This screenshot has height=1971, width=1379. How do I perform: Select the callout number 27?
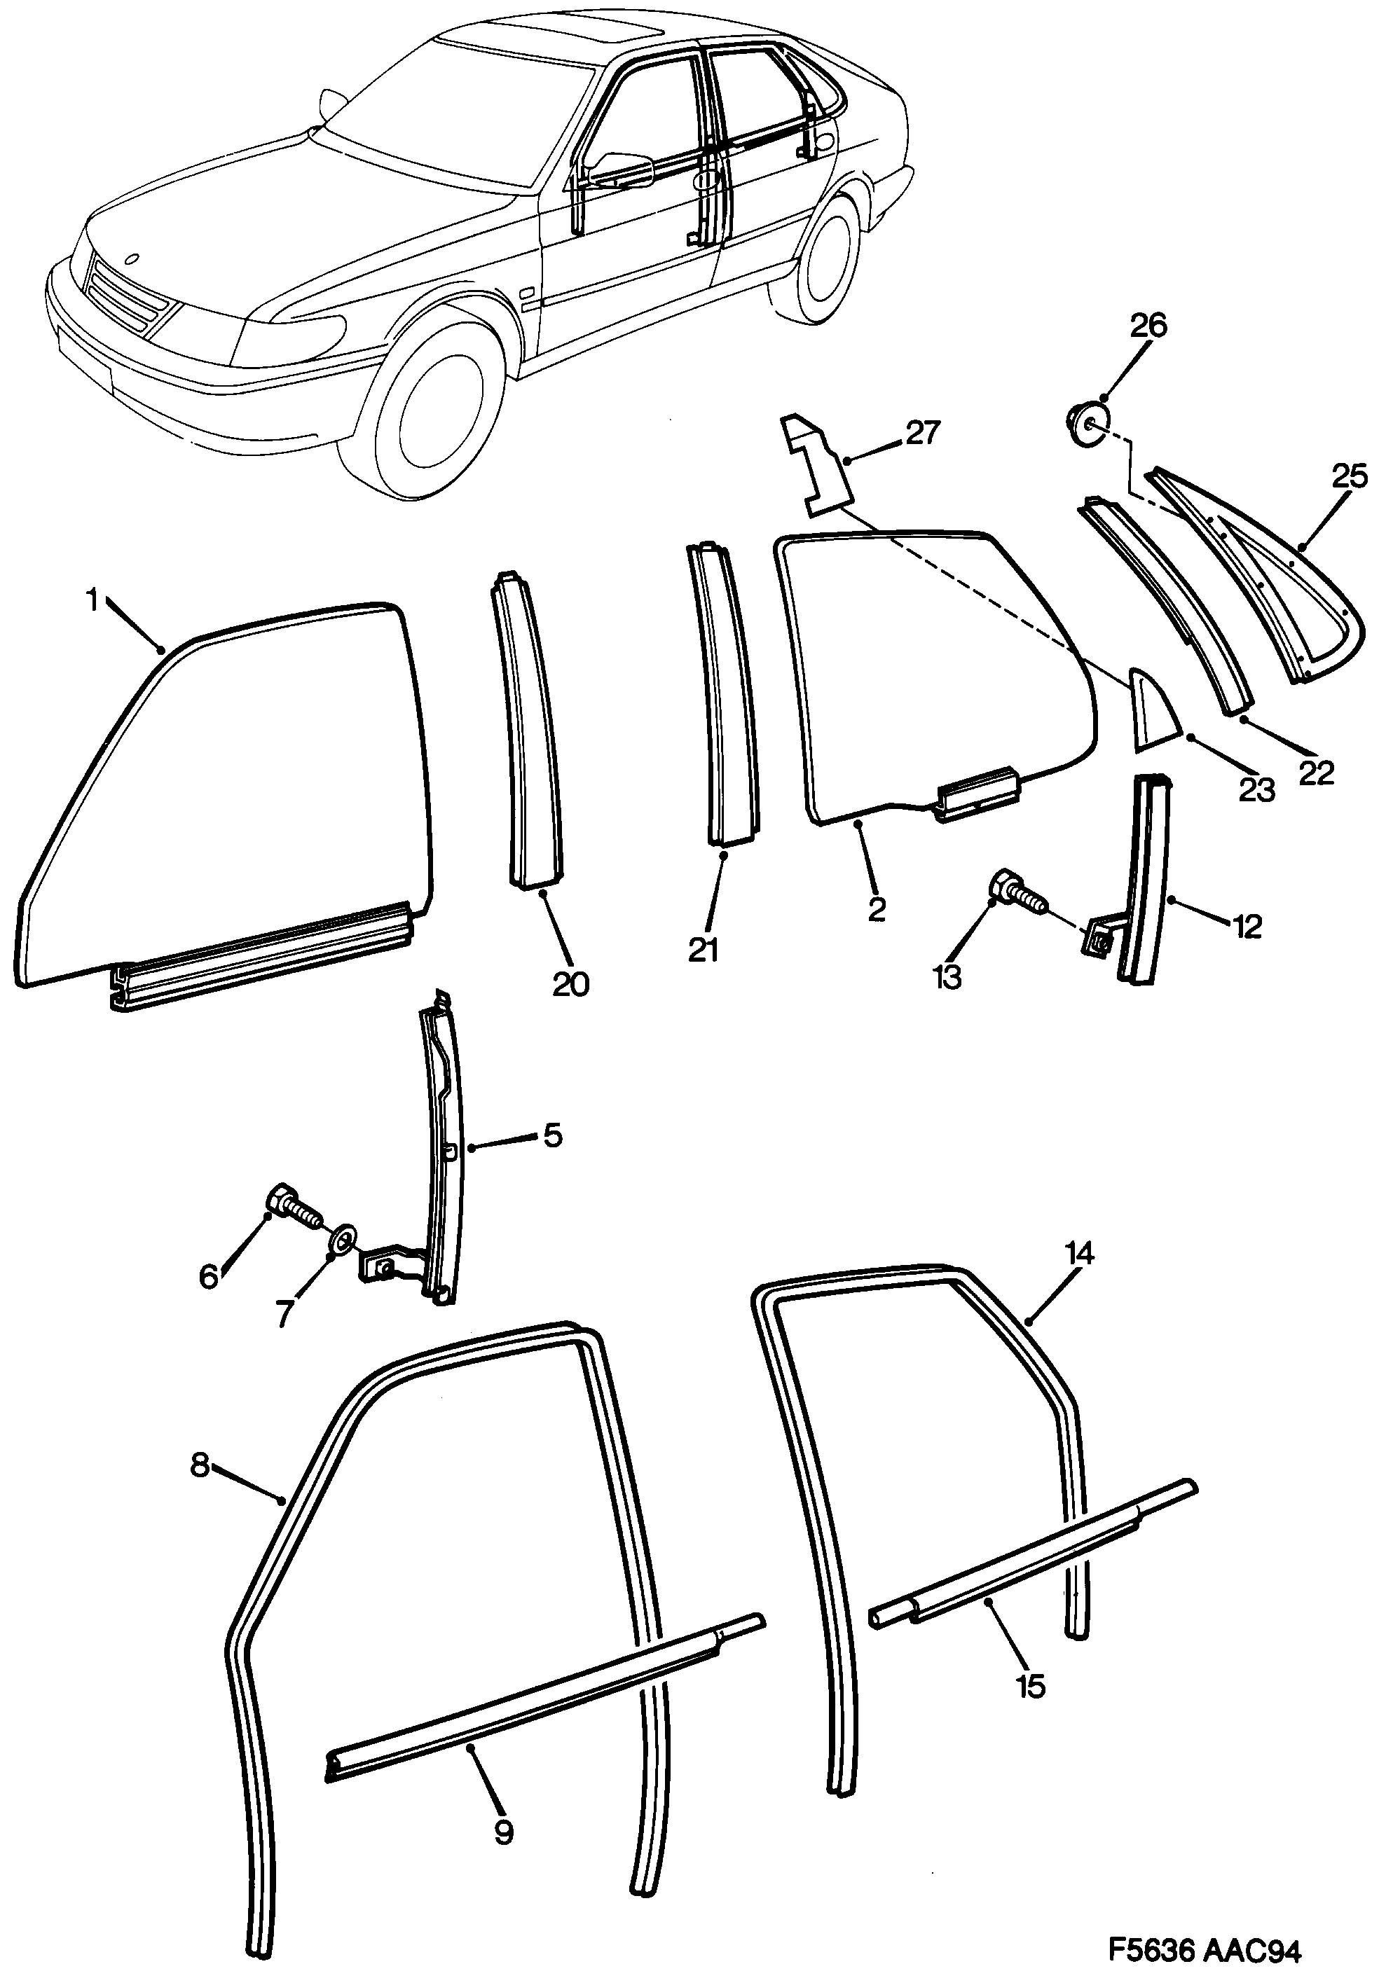click(x=923, y=434)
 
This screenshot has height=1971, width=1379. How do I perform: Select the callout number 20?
click(x=571, y=984)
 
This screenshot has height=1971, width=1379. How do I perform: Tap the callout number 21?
click(x=704, y=950)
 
